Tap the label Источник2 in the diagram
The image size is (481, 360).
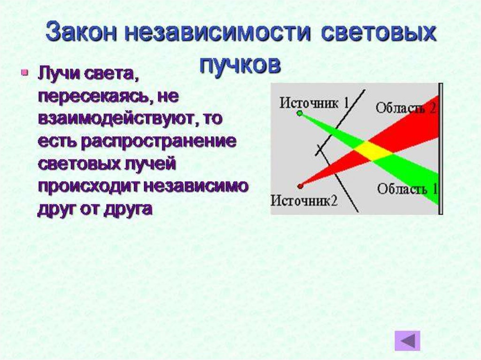(x=304, y=200)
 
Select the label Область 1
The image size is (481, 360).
(x=407, y=189)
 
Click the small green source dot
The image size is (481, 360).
(x=299, y=113)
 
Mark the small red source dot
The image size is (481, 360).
(x=301, y=186)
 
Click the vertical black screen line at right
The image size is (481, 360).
(x=440, y=148)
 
